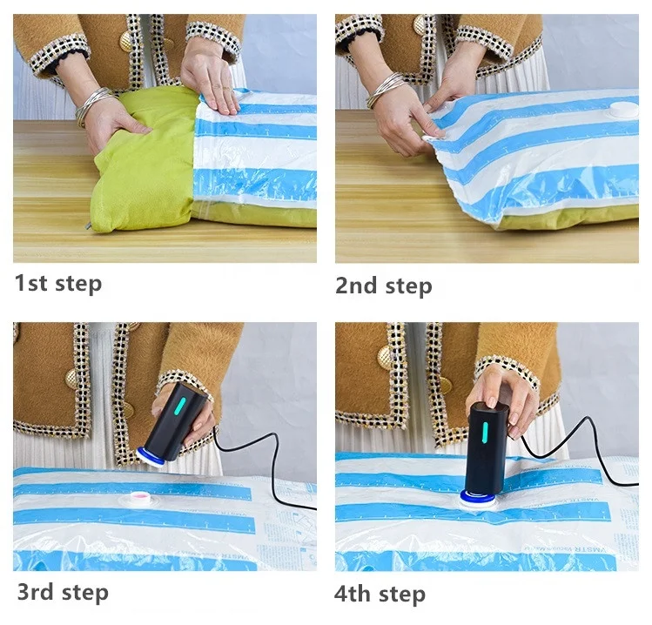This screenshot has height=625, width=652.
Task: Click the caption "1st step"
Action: tap(57, 283)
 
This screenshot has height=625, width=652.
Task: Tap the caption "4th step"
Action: tap(380, 595)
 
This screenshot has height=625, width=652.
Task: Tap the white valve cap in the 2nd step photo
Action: tap(622, 111)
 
